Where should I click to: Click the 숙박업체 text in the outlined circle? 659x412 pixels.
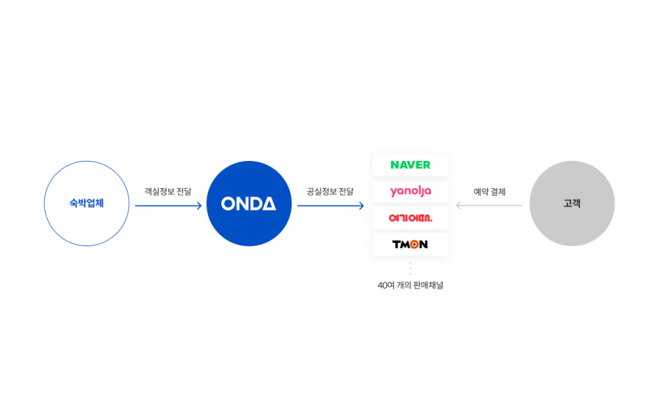tap(87, 203)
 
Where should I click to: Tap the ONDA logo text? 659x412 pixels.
tap(248, 204)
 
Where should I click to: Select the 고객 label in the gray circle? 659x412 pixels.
tap(572, 203)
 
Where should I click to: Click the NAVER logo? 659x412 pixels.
tap(410, 165)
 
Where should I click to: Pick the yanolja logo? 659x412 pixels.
tap(411, 192)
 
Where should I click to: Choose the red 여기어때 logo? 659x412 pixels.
tap(410, 218)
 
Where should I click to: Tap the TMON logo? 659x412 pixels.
tap(410, 244)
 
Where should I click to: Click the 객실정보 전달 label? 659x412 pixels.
tap(168, 192)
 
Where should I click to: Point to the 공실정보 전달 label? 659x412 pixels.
tap(330, 192)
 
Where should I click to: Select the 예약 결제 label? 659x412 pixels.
tap(490, 192)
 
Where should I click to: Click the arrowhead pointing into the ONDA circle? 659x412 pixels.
tap(199, 205)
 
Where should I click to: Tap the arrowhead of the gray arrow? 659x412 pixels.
tap(459, 205)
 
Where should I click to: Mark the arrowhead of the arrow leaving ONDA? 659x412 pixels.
tap(362, 205)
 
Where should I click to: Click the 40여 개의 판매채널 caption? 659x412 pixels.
tap(410, 285)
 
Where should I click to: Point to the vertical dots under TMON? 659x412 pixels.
tap(410, 269)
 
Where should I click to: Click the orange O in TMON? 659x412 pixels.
tap(414, 244)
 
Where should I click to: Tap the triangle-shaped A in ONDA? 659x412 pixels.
tap(268, 204)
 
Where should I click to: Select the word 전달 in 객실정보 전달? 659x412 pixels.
tap(184, 192)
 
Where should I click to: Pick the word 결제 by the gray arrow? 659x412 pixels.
tap(498, 192)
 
